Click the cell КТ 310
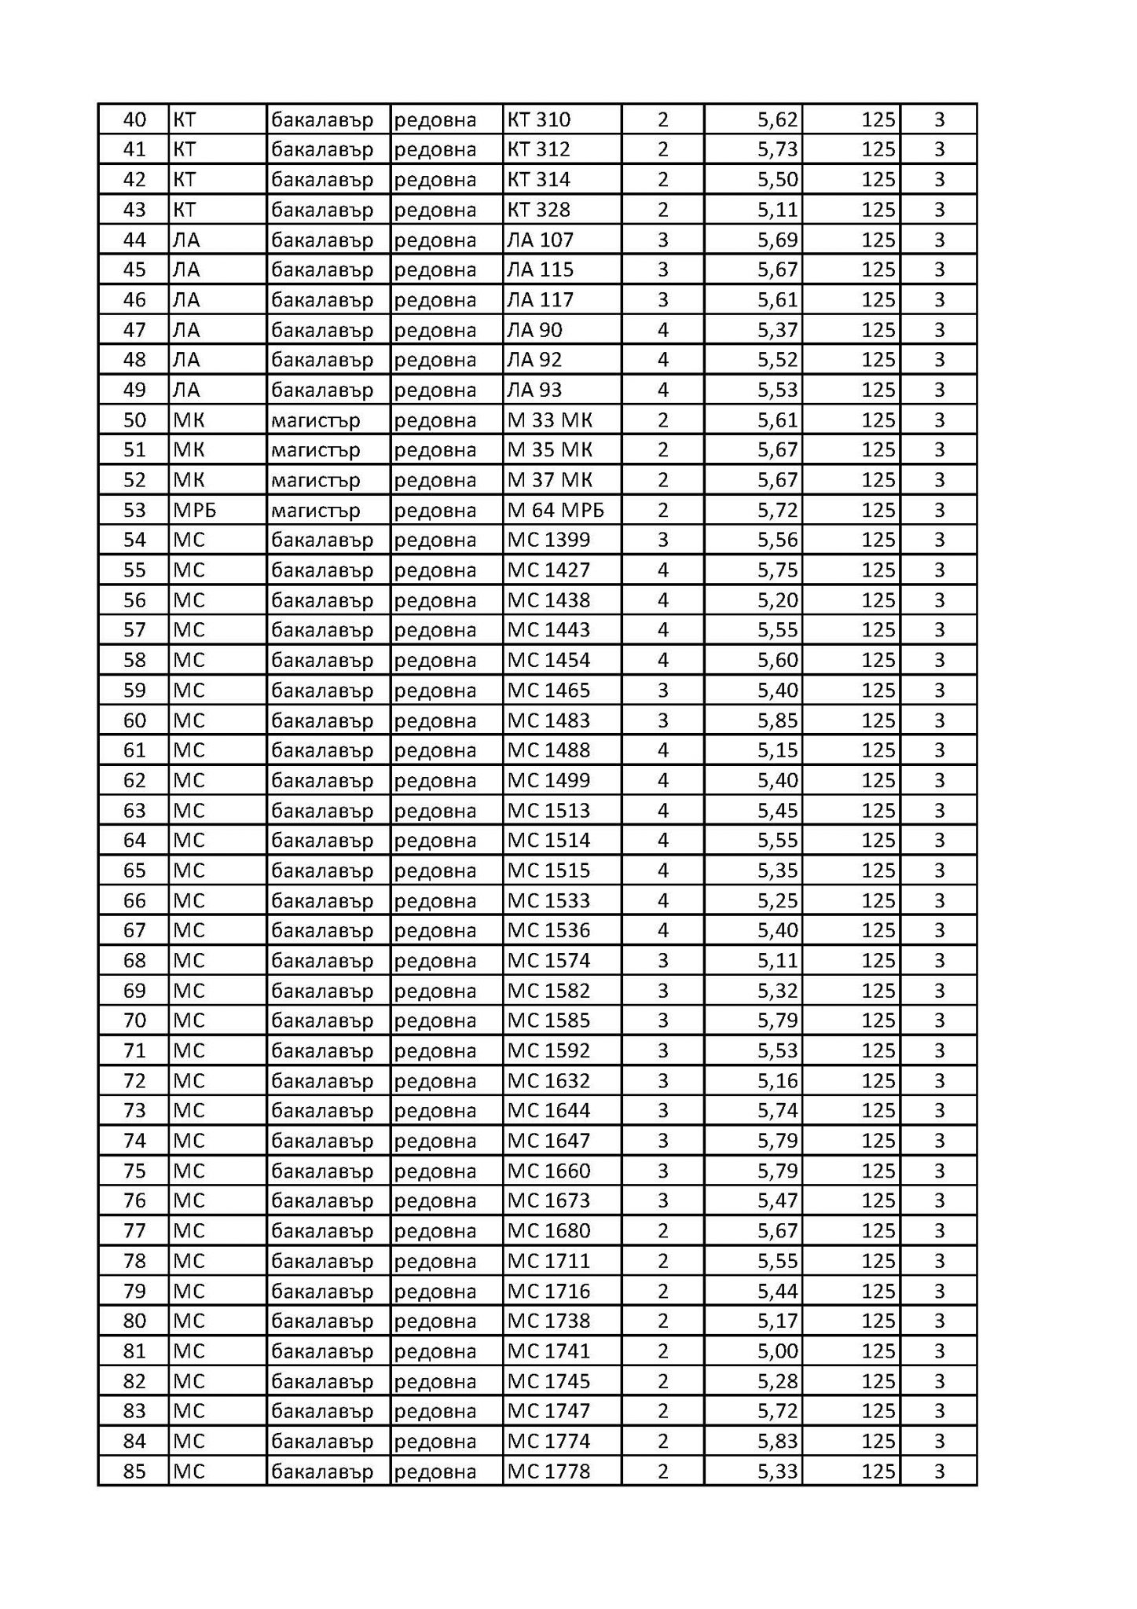coord(539,119)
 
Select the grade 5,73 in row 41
coord(777,149)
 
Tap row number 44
coord(134,240)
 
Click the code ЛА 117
coord(541,300)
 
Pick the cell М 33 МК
coord(550,420)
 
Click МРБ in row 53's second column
coord(194,511)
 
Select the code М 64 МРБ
coord(556,511)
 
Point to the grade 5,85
coord(777,720)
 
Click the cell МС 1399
coord(548,541)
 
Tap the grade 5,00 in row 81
coord(777,1351)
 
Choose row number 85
coord(134,1472)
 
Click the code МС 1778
coord(548,1472)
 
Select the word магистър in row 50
coord(316,420)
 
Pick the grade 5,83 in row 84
coord(777,1442)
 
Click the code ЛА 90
coord(535,330)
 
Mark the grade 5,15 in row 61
coord(777,750)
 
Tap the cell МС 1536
coord(548,931)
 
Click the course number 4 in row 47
coord(662,330)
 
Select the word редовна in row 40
coord(435,119)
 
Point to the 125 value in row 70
coord(878,1021)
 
